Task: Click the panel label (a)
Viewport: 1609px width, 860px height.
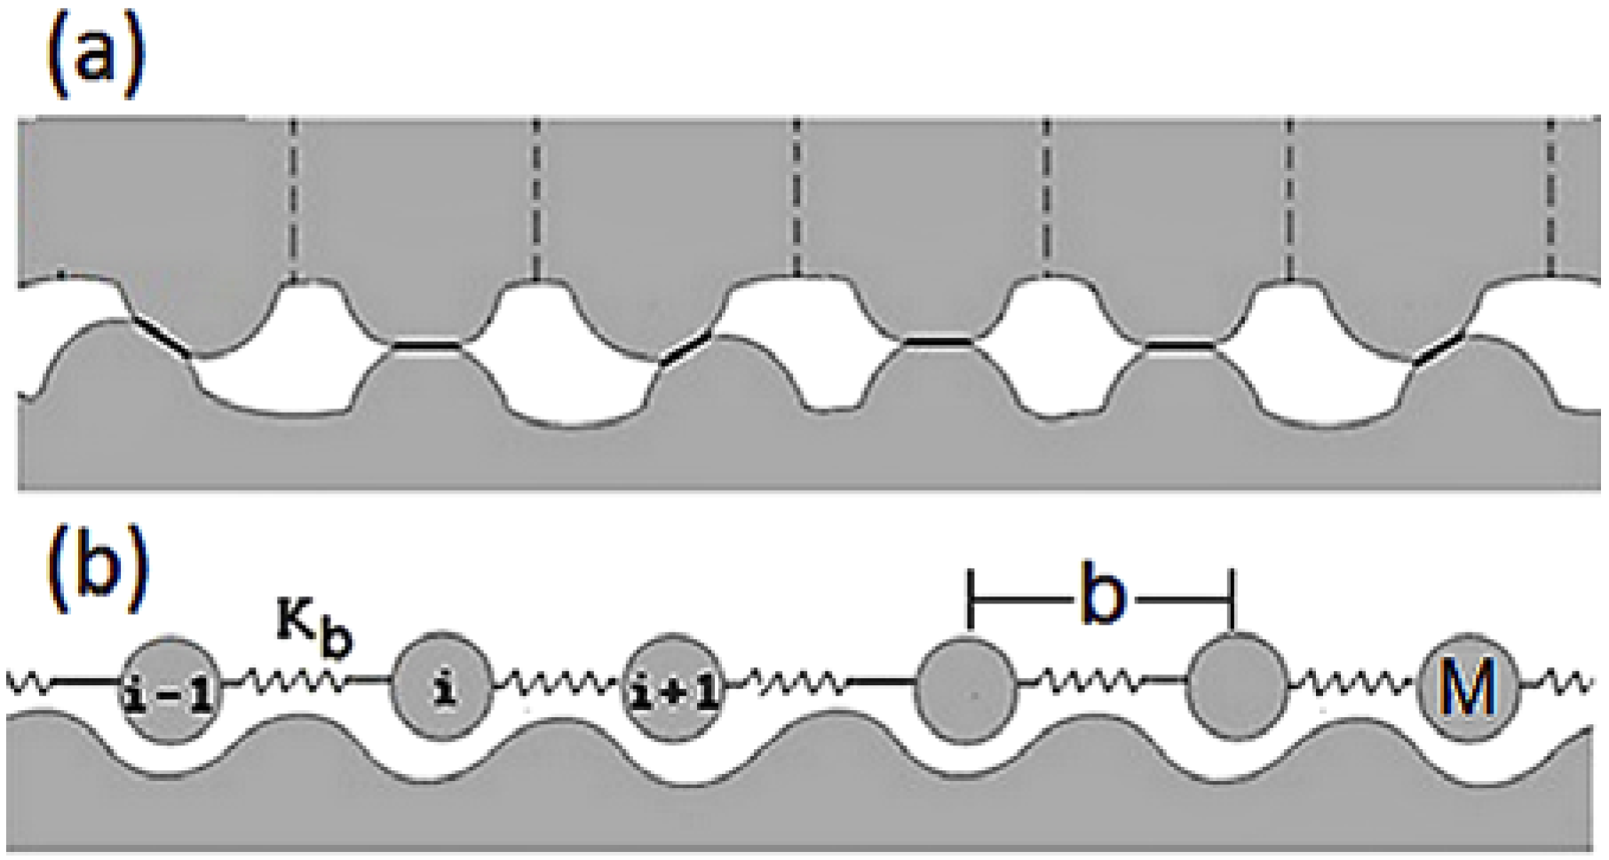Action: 94,55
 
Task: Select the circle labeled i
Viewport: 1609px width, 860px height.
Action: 442,685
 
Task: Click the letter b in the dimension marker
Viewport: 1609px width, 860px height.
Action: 1101,600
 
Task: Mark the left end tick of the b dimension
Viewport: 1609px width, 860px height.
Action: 971,601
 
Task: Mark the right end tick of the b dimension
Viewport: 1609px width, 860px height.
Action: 1232,601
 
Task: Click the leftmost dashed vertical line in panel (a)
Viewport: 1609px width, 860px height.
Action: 292,200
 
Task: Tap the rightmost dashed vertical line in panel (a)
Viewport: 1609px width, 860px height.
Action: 1550,200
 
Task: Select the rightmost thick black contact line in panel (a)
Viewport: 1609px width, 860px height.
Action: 1439,348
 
